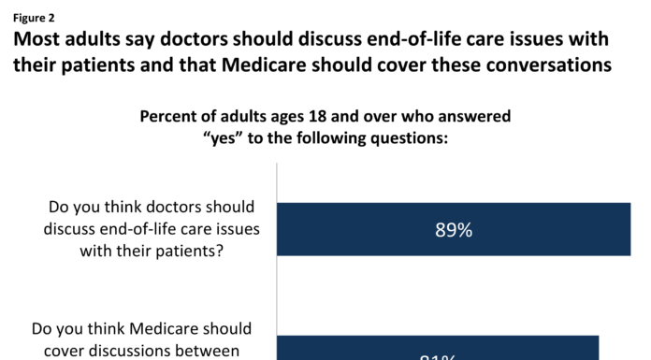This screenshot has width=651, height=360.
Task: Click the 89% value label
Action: [453, 230]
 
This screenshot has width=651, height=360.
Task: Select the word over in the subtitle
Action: [407, 117]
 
